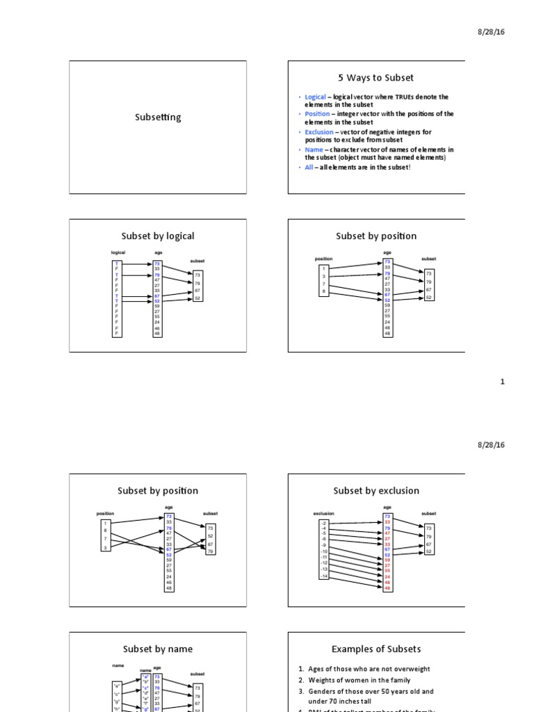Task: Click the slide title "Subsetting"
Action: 158,117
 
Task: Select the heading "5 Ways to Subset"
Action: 376,78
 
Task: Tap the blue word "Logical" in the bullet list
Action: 315,97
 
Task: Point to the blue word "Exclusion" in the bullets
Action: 319,132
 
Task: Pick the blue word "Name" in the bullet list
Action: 313,149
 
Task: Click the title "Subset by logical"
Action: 158,236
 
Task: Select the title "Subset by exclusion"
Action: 376,491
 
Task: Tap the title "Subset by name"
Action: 158,649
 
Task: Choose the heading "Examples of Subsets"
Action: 376,649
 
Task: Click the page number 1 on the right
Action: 503,381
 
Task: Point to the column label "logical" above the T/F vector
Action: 118,252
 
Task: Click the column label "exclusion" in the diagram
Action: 323,514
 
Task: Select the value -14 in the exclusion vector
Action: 323,576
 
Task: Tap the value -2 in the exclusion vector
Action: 323,523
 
